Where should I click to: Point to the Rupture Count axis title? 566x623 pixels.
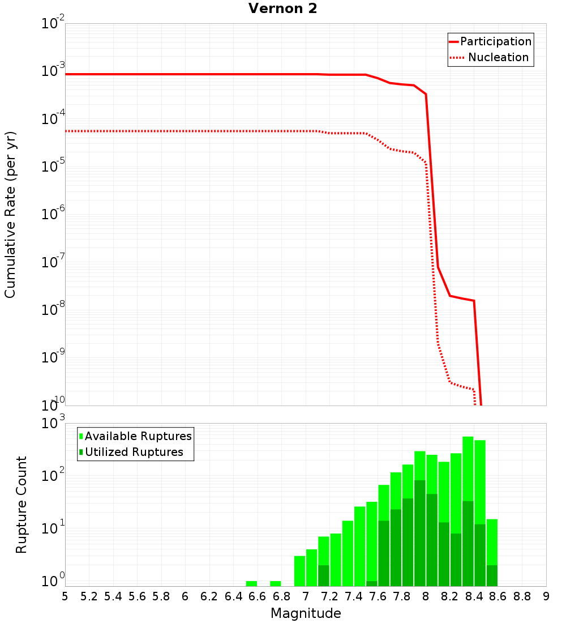click(x=22, y=505)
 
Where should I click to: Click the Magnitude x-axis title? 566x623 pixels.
click(x=306, y=613)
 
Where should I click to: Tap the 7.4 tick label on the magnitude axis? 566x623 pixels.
click(x=353, y=596)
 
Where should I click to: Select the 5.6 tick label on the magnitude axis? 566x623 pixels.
click(x=137, y=596)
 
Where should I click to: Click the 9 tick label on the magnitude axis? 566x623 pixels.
click(x=546, y=596)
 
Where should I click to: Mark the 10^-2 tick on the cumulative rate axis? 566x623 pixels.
click(x=53, y=24)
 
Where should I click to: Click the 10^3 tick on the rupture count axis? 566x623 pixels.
click(x=53, y=424)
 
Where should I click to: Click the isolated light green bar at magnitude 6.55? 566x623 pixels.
click(x=251, y=583)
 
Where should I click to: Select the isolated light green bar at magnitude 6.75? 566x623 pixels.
click(x=276, y=583)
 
